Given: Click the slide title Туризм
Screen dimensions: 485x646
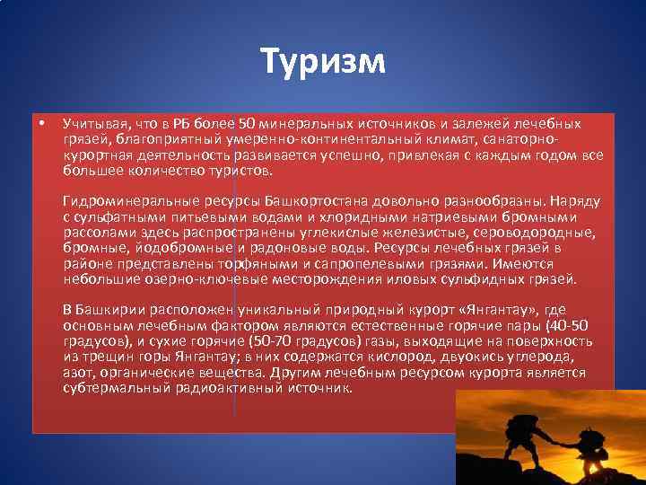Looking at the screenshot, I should coord(323,62).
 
